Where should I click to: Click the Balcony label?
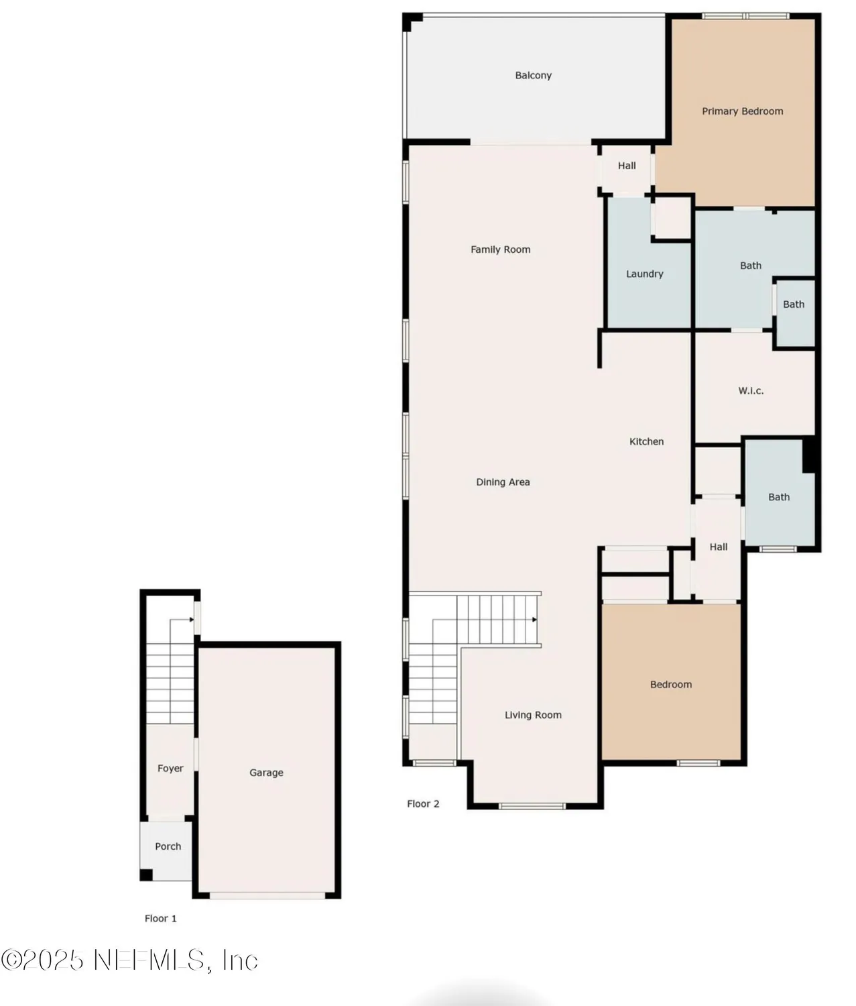click(533, 76)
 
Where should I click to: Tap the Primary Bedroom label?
click(742, 111)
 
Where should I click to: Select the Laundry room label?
click(644, 274)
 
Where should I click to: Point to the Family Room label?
click(500, 249)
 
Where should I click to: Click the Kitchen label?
click(646, 441)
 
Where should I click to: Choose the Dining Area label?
click(503, 482)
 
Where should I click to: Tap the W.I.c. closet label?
click(751, 391)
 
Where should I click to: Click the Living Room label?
click(533, 715)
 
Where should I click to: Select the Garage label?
click(266, 773)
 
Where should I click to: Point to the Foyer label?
click(170, 769)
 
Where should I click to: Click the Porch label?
click(168, 846)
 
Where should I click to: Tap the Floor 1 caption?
click(160, 918)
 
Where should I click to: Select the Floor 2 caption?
click(423, 803)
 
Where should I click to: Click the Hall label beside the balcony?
click(627, 166)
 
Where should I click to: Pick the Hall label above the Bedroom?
click(719, 547)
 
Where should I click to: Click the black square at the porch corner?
click(145, 875)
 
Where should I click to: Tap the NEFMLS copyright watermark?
click(129, 960)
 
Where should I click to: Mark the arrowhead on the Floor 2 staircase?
click(534, 620)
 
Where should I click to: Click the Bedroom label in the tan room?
click(670, 685)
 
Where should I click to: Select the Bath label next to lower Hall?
click(778, 497)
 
